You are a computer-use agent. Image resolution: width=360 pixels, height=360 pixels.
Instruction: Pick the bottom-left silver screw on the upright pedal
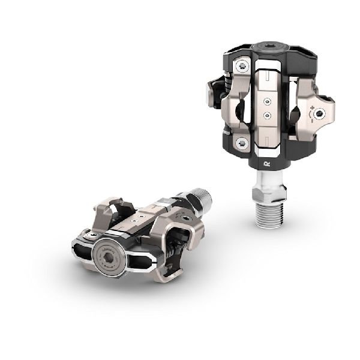pyautogui.click(x=242, y=142)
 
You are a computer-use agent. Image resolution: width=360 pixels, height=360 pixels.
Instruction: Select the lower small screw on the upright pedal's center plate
pyautogui.click(x=266, y=115)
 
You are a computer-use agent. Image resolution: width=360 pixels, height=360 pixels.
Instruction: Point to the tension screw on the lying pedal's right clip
pyautogui.click(x=187, y=219)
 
